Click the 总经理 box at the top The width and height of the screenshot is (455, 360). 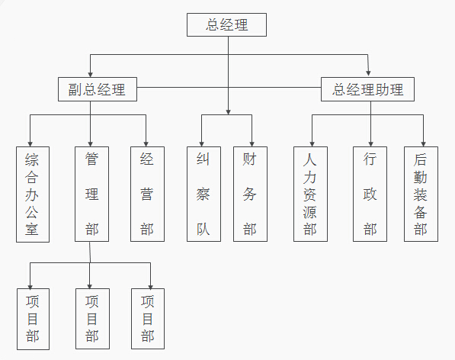pyautogui.click(x=226, y=24)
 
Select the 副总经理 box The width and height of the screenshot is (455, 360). pyautogui.click(x=98, y=89)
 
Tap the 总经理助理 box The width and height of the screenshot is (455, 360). pyautogui.click(x=367, y=89)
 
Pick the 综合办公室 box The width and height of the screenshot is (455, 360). pyautogui.click(x=33, y=194)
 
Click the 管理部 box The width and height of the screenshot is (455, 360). pyautogui.click(x=91, y=194)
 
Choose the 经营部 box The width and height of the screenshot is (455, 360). pyautogui.click(x=147, y=194)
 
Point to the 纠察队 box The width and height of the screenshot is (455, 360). pyautogui.click(x=203, y=194)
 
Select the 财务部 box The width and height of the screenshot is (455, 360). pyautogui.click(x=251, y=194)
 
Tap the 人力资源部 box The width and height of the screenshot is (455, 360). pyautogui.click(x=310, y=194)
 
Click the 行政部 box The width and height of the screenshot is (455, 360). pyautogui.click(x=370, y=194)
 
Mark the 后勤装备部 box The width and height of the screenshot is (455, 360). pyautogui.click(x=421, y=194)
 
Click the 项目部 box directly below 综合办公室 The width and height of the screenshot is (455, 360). pyautogui.click(x=33, y=319)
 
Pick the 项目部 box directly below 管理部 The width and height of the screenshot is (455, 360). pyautogui.click(x=92, y=319)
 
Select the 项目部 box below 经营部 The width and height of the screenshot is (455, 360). pyautogui.click(x=148, y=319)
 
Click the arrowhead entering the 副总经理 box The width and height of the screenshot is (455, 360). pyautogui.click(x=90, y=75)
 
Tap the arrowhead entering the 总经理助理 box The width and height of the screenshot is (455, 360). pyautogui.click(x=369, y=73)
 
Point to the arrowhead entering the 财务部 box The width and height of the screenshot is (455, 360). pyautogui.click(x=252, y=144)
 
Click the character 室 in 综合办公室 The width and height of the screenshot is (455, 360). pyautogui.click(x=32, y=230)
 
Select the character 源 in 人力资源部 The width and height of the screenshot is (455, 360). pyautogui.click(x=310, y=212)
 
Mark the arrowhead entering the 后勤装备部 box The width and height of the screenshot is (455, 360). pyautogui.click(x=423, y=144)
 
